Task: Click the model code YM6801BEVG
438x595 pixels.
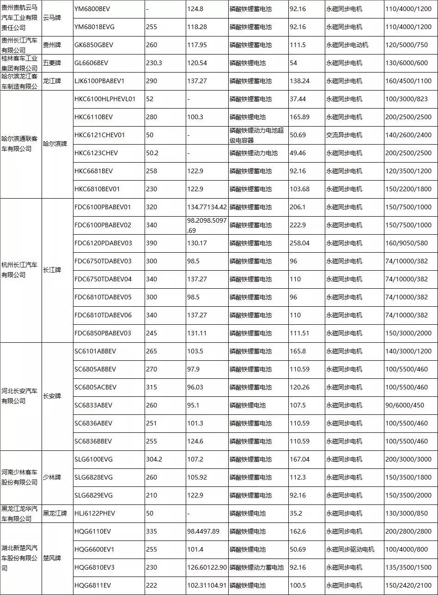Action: tap(94, 27)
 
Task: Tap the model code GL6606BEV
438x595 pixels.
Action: tap(91, 63)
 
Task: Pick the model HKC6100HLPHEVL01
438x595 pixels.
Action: tap(105, 99)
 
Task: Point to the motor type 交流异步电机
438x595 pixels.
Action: tap(344, 135)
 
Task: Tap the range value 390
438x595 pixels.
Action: tap(152, 243)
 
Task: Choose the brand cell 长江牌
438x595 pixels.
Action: tap(52, 270)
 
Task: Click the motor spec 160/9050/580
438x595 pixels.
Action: tap(407, 243)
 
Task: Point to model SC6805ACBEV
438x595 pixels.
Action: tap(95, 387)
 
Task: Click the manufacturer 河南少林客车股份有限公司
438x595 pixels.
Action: tap(20, 477)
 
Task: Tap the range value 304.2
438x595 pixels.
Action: tap(154, 459)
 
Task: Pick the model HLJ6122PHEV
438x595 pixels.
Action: tap(95, 513)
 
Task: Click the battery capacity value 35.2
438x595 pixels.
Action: tap(296, 513)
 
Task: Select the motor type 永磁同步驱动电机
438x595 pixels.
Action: tap(350, 549)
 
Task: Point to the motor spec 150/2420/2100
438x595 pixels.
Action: tap(407, 585)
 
